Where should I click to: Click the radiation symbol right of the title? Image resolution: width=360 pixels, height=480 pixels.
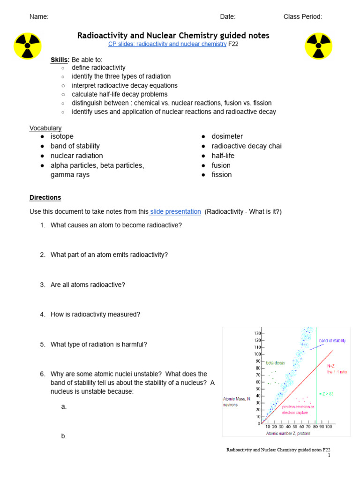[x=318, y=45]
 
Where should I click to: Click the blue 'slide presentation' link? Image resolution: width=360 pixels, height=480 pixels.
[x=175, y=212]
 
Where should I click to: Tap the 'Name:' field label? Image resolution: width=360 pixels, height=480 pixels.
[x=39, y=17]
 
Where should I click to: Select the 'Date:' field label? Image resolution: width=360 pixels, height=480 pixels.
[x=228, y=17]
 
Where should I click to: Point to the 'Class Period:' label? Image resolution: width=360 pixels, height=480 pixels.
[x=302, y=17]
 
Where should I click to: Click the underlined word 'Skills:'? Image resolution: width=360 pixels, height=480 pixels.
[x=60, y=60]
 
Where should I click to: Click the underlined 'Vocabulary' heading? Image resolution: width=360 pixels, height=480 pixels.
[x=45, y=128]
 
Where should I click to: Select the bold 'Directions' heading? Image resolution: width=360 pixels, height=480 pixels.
[x=45, y=198]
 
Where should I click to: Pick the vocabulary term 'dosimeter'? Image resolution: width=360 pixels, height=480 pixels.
[x=227, y=136]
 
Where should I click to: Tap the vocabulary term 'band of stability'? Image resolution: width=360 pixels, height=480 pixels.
[x=75, y=146]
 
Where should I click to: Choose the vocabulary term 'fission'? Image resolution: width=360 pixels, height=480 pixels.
[x=221, y=175]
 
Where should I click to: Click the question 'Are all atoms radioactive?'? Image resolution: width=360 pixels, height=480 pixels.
[x=88, y=285]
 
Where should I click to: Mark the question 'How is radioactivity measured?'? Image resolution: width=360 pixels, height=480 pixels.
[x=95, y=315]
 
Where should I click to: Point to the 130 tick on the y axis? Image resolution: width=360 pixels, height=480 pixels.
[x=257, y=333]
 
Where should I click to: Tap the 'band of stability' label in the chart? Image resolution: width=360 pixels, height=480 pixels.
[x=332, y=341]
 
